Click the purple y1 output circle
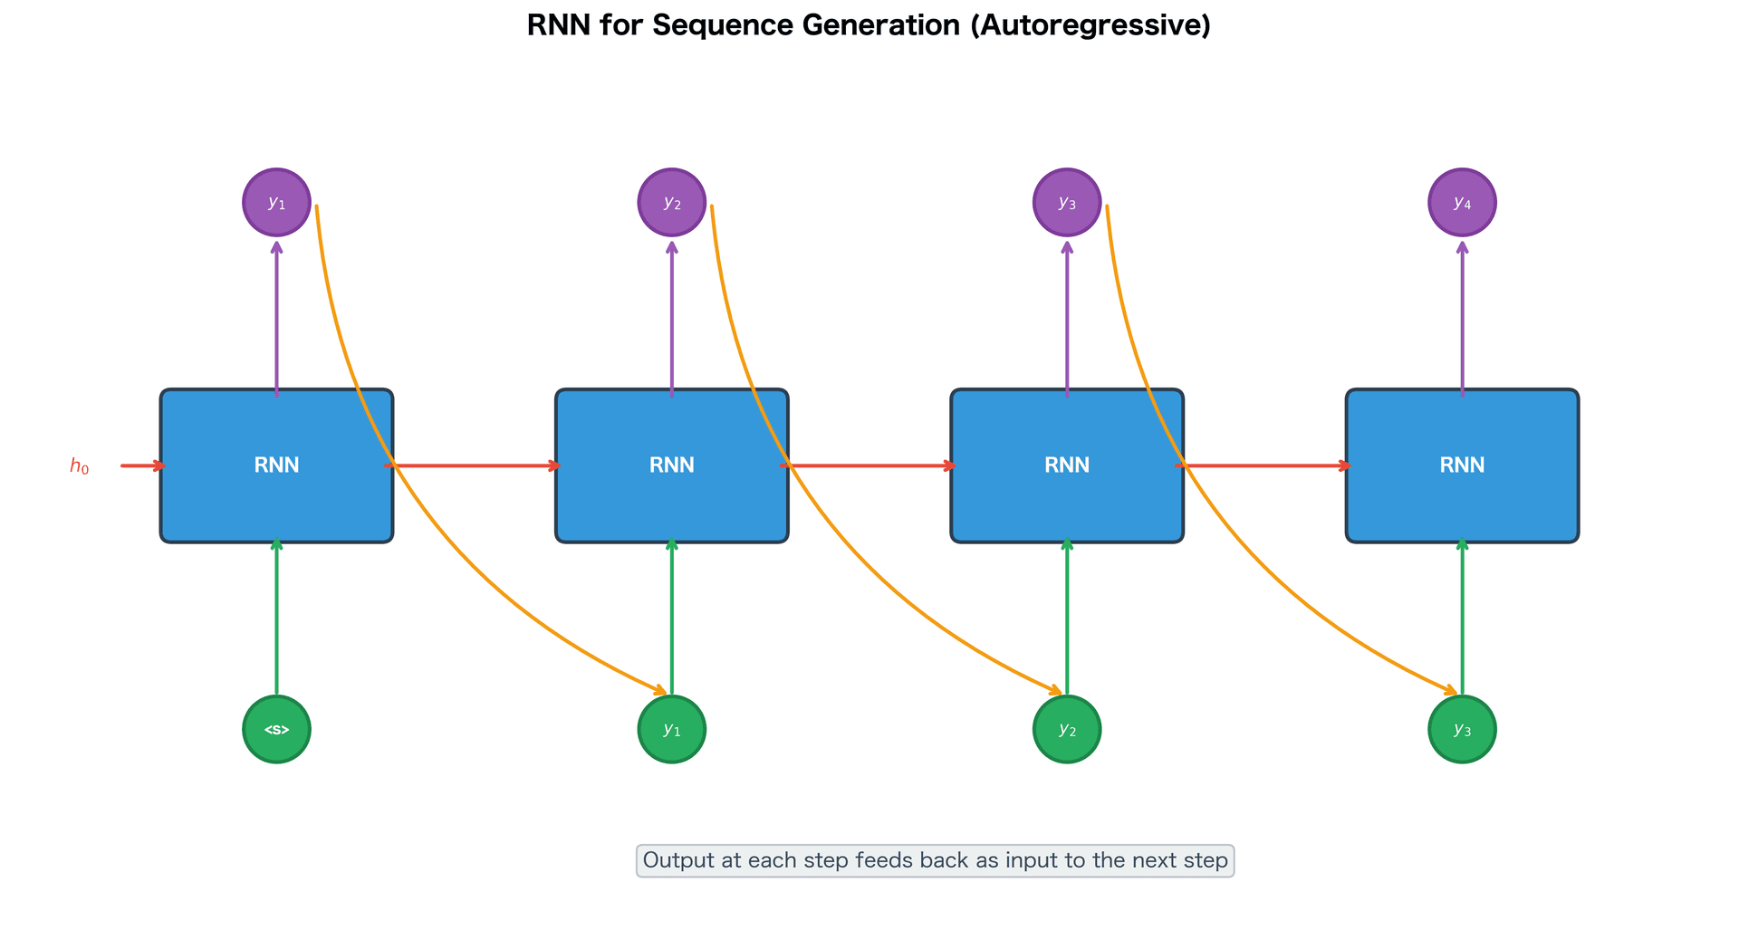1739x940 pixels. pyautogui.click(x=277, y=202)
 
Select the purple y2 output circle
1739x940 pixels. pyautogui.click(x=672, y=202)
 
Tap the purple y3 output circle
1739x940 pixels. pyautogui.click(x=1067, y=202)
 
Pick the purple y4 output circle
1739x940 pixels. pyautogui.click(x=1462, y=202)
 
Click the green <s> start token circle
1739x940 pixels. pyautogui.click(x=277, y=729)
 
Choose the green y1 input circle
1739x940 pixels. pyautogui.click(x=672, y=729)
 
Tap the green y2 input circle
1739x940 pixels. pyautogui.click(x=1067, y=729)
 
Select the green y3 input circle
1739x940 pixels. pyautogui.click(x=1462, y=729)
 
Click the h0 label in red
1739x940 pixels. pyautogui.click(x=80, y=466)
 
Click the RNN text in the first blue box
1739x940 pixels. pyautogui.click(x=277, y=465)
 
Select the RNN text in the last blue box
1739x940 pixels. pyautogui.click(x=1462, y=465)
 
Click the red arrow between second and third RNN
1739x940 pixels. pyautogui.click(x=869, y=466)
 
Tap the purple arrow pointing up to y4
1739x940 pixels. pyautogui.click(x=1462, y=317)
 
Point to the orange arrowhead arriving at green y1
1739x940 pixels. pyautogui.click(x=662, y=692)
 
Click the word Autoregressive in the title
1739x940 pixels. pyautogui.click(x=1090, y=25)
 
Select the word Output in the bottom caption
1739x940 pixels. pyautogui.click(x=678, y=860)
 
